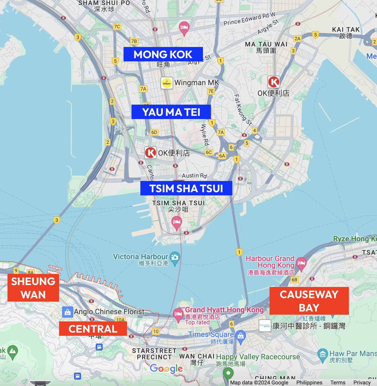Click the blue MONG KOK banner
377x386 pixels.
coord(163,54)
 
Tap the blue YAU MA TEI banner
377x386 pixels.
coord(171,112)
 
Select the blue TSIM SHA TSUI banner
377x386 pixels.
coord(186,188)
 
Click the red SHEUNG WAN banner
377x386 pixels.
coord(33,288)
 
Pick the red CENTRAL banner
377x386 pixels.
coord(93,329)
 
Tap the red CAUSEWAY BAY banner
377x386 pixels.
coord(309,301)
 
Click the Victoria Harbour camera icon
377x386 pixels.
coord(175,257)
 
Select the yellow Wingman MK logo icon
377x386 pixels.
coord(167,83)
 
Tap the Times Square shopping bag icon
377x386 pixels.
coord(241,335)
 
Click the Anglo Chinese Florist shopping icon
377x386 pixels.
coord(67,312)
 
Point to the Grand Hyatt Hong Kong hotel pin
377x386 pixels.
coord(178,314)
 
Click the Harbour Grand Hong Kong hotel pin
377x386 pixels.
coord(301,263)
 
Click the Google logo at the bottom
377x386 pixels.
coord(166,369)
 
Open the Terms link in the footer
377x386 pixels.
coord(338,383)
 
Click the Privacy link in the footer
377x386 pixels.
coord(362,383)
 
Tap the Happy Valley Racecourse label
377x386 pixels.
coord(258,357)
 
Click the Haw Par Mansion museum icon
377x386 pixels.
coord(322,354)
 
